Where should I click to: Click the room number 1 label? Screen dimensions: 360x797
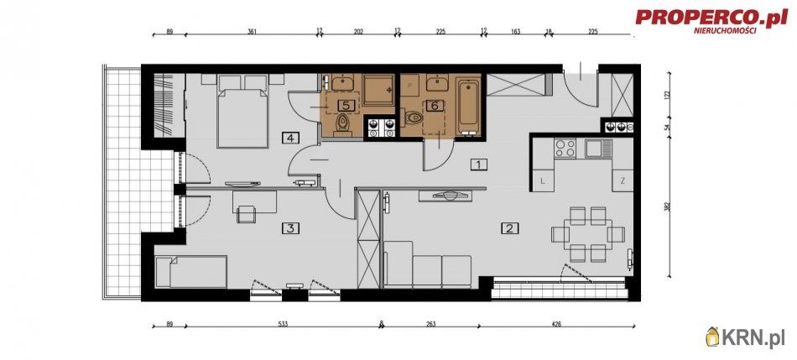click(477, 164)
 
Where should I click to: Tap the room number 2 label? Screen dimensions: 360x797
click(508, 227)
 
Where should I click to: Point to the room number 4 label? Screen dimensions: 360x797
click(290, 138)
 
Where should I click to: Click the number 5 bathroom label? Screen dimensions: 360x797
click(346, 106)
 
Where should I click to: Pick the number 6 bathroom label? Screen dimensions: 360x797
click(434, 106)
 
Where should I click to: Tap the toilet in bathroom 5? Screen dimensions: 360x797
click(341, 125)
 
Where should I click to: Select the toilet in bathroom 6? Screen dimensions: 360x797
click(414, 120)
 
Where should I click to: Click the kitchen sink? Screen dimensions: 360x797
click(598, 148)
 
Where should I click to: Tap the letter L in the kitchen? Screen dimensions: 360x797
click(543, 180)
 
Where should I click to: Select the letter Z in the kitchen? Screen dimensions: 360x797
click(622, 180)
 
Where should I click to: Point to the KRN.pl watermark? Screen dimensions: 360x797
click(746, 337)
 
